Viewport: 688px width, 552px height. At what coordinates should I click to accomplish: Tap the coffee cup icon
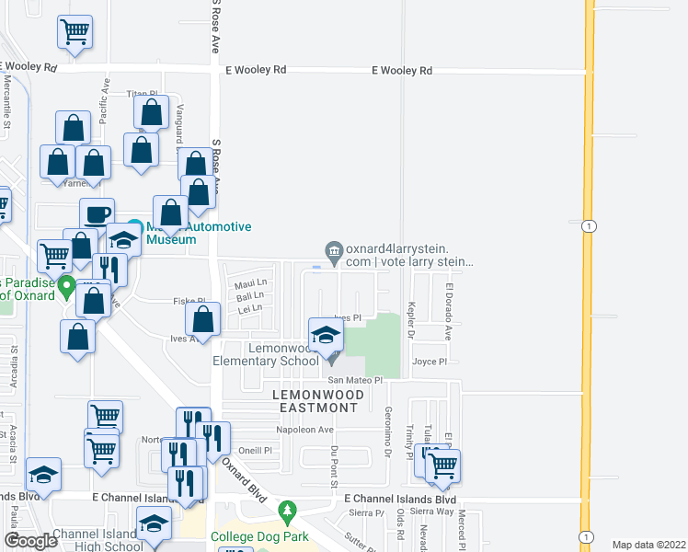pyautogui.click(x=97, y=215)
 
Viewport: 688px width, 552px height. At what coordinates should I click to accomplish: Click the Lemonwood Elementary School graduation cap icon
pyautogui.click(x=326, y=337)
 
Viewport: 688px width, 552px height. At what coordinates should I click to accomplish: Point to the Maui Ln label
pyautogui.click(x=250, y=282)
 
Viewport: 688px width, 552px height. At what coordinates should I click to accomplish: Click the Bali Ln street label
pyautogui.click(x=249, y=295)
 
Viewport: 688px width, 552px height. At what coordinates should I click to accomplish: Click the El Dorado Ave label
pyautogui.click(x=448, y=312)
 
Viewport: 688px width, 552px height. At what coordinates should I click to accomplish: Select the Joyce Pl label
pyautogui.click(x=430, y=362)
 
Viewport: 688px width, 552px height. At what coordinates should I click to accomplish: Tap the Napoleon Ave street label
pyautogui.click(x=304, y=430)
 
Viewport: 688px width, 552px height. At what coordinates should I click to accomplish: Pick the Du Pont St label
pyautogui.click(x=335, y=463)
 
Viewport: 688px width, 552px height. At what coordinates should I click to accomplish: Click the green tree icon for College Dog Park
pyautogui.click(x=288, y=509)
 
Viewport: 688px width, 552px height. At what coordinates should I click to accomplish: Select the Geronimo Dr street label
pyautogui.click(x=388, y=435)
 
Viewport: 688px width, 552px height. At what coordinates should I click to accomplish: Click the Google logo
pyautogui.click(x=30, y=541)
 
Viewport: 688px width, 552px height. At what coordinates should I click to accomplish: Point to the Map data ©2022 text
pyautogui.click(x=648, y=545)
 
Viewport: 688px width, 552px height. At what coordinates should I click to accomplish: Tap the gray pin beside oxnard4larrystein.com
pyautogui.click(x=333, y=248)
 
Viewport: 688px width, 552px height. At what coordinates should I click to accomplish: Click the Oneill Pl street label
pyautogui.click(x=255, y=451)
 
